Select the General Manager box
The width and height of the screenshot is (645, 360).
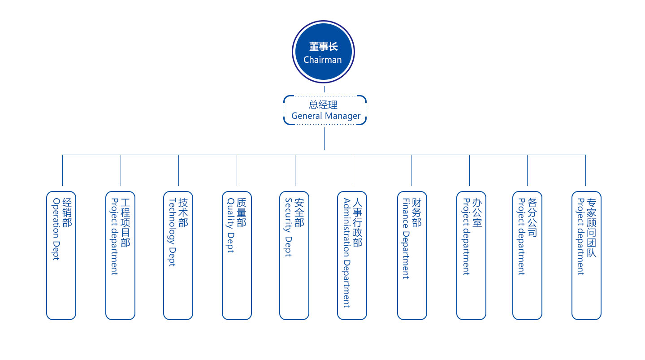[325, 110]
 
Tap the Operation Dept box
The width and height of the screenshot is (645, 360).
[61, 256]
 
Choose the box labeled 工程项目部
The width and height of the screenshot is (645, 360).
[120, 256]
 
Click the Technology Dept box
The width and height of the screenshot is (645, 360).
[178, 256]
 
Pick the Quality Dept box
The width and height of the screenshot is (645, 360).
[237, 256]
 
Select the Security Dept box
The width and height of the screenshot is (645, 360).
[294, 256]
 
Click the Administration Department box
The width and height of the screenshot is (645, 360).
[352, 256]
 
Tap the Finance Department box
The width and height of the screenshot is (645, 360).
[412, 256]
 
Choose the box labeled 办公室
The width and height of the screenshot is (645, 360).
[471, 256]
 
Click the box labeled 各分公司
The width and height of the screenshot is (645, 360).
[527, 256]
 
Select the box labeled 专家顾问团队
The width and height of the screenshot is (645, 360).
[586, 256]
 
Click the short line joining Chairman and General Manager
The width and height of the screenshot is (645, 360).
[324, 89]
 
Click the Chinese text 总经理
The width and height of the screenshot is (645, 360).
[323, 105]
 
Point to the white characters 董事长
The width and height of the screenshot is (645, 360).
[323, 47]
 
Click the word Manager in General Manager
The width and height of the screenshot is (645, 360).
[343, 116]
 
